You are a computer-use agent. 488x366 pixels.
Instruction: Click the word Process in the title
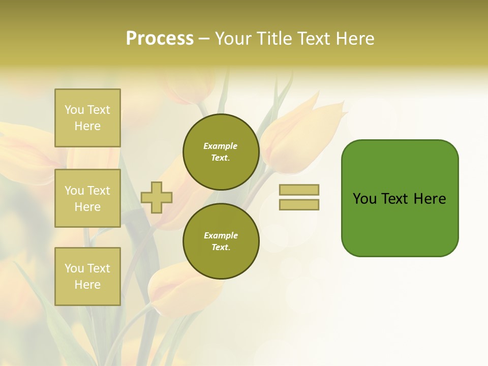[160, 39]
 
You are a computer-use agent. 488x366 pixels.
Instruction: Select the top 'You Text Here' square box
[87, 118]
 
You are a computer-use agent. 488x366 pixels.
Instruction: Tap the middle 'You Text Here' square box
[87, 198]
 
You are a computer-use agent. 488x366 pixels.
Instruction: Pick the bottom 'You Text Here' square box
[87, 277]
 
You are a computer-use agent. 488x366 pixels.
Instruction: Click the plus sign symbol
[157, 197]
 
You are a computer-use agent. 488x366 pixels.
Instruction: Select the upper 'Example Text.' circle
[221, 152]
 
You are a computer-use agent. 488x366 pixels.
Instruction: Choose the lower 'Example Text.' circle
[221, 241]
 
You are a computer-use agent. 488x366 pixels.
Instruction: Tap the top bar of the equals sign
[299, 190]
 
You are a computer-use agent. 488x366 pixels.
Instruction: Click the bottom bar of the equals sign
[299, 205]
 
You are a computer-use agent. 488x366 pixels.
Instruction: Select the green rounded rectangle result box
[400, 198]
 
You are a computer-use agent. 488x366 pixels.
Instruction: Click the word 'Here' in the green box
[430, 199]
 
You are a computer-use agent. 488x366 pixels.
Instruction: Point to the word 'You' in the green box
[365, 199]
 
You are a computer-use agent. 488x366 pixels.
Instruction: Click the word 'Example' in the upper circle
[221, 146]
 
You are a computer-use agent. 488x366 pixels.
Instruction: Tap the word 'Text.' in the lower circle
[221, 248]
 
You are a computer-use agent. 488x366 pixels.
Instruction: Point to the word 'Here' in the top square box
[87, 126]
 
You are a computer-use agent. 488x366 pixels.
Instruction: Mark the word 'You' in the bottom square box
[74, 268]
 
